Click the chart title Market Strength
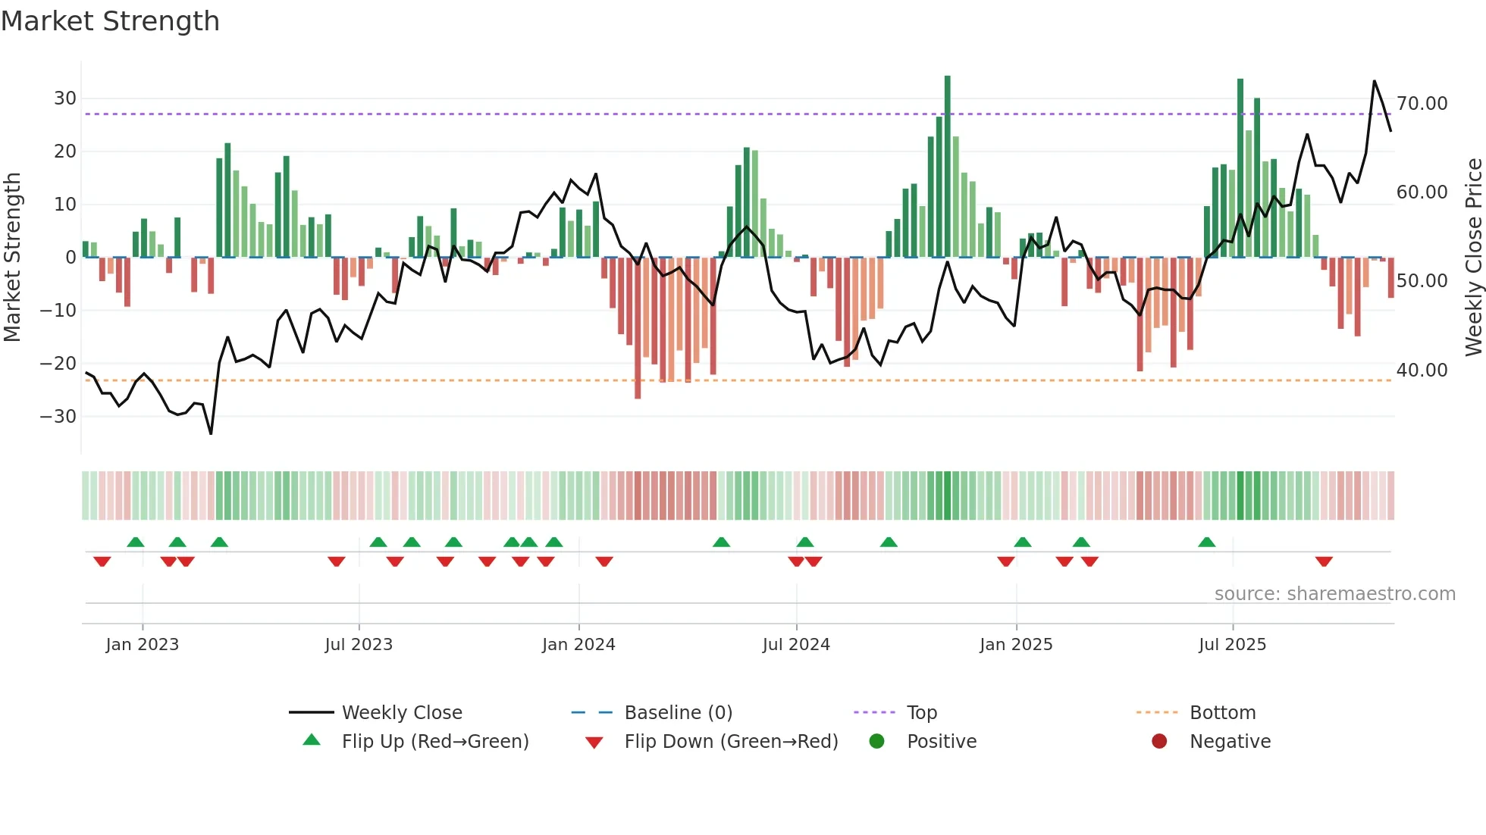[x=110, y=21]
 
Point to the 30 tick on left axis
[x=64, y=99]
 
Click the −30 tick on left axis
[x=58, y=417]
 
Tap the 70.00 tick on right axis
[x=1422, y=104]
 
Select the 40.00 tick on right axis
[x=1422, y=371]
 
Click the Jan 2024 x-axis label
[x=578, y=645]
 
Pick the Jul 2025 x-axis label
[x=1232, y=645]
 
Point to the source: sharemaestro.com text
[x=1334, y=594]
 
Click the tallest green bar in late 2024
[x=947, y=167]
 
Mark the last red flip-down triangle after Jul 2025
[x=1324, y=561]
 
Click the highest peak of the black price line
[x=1374, y=81]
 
